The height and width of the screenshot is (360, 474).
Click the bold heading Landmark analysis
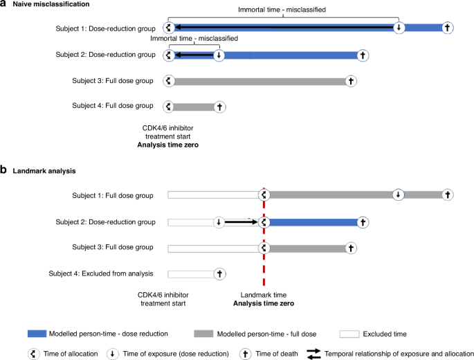42,169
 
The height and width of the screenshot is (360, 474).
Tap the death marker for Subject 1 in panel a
447,28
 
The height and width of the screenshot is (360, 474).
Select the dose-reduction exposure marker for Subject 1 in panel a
399,28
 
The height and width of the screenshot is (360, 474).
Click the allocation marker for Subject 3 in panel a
167,81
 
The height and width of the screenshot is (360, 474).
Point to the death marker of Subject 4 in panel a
219,107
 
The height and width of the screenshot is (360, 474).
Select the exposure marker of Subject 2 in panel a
219,55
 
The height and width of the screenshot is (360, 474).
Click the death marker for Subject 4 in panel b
219,274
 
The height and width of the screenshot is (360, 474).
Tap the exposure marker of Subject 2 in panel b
219,222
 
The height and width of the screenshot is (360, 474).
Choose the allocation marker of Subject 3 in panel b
264,248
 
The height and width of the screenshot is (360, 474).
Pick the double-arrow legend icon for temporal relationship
313,353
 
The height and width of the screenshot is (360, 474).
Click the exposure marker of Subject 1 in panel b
399,195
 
